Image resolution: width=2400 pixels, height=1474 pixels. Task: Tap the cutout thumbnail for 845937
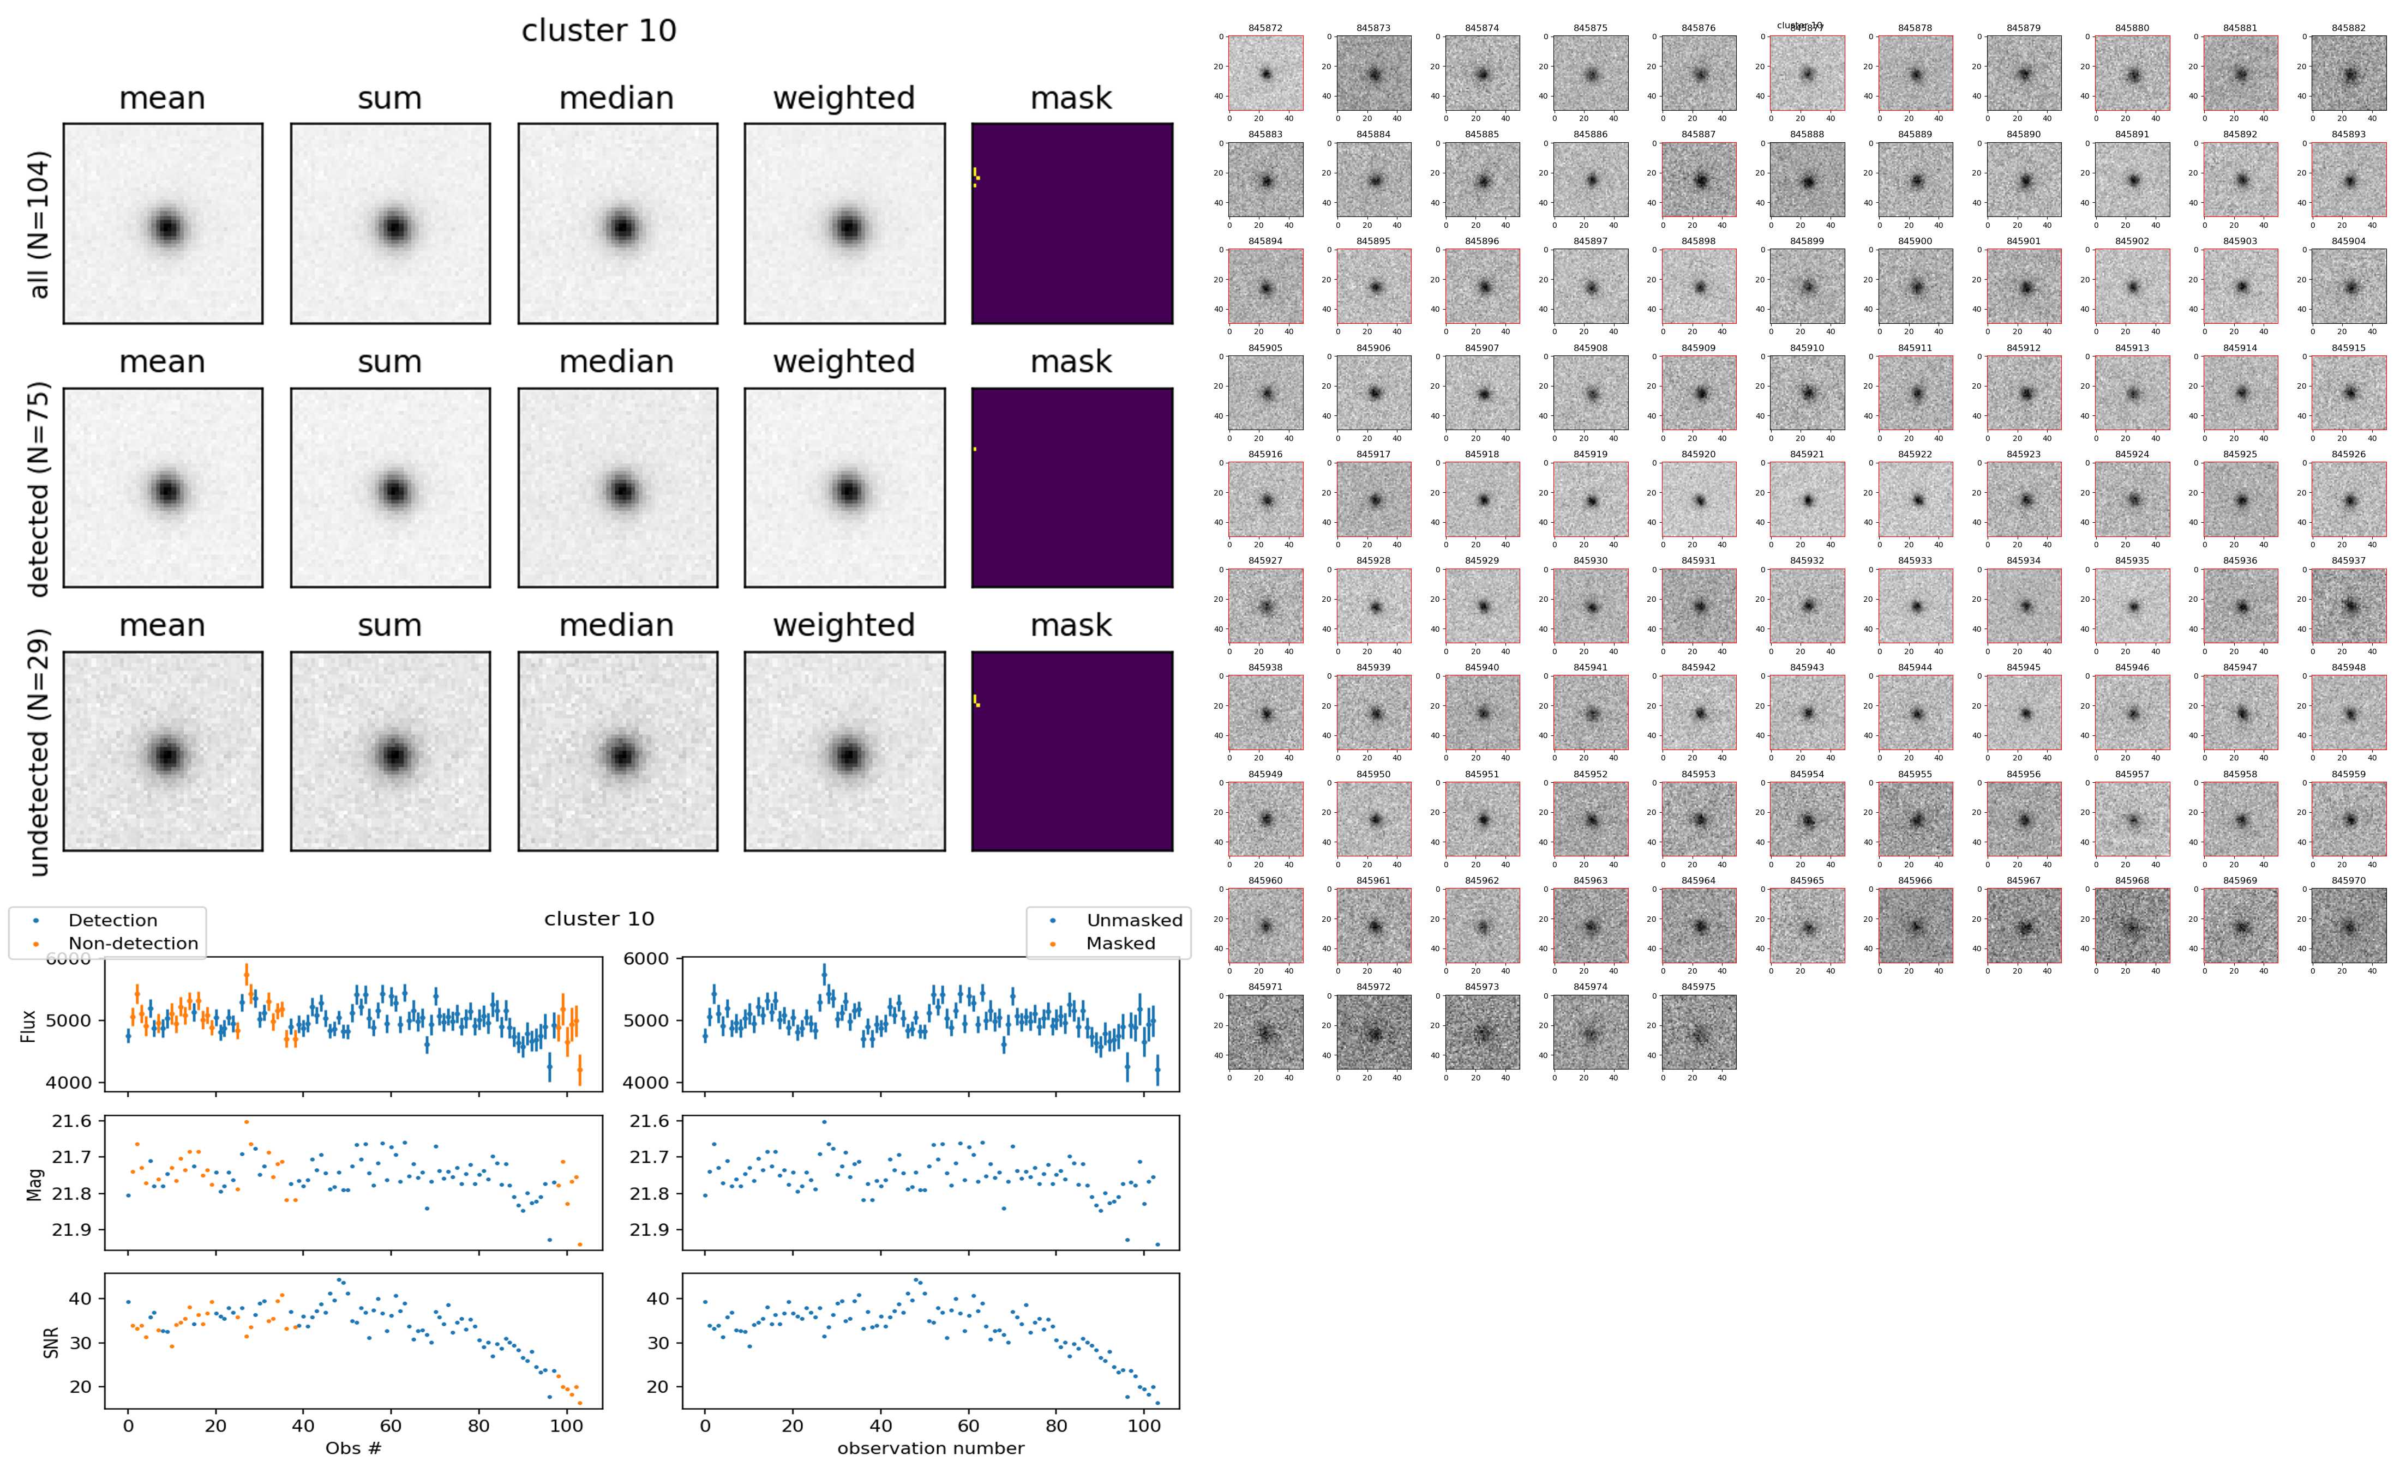tap(2348, 606)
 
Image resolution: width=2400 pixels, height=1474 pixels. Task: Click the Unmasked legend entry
tap(1133, 920)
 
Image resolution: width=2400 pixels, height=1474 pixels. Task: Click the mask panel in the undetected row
tap(1072, 752)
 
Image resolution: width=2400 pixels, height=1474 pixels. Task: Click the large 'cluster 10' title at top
tap(599, 31)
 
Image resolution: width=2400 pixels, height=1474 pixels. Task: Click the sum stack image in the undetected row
tap(390, 752)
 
